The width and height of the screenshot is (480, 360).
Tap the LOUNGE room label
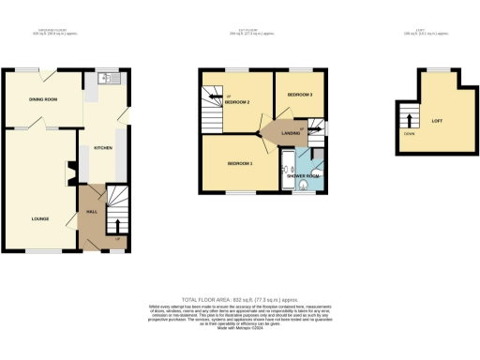(39, 219)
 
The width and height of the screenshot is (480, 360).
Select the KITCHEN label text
(103, 148)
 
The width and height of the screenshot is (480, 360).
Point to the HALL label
(92, 212)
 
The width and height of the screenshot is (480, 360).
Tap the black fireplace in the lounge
(67, 172)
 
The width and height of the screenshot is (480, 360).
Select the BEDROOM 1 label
(240, 163)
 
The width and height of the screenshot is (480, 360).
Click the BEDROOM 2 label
(236, 101)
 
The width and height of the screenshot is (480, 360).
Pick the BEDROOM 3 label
(299, 96)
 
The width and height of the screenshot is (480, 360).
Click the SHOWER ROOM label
(303, 175)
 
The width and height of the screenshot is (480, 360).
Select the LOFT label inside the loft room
(436, 119)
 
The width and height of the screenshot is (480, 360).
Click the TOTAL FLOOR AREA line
(239, 295)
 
